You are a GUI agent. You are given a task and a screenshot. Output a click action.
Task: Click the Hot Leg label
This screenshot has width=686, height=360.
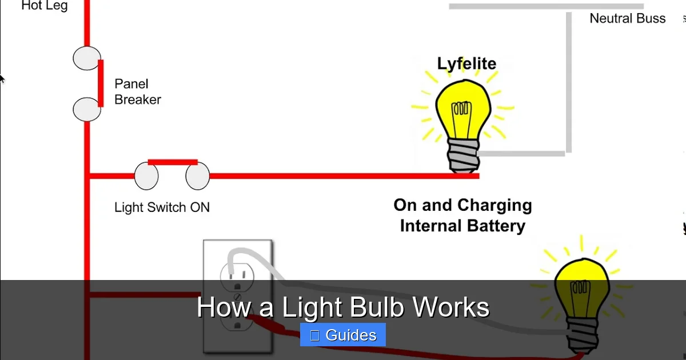(x=44, y=6)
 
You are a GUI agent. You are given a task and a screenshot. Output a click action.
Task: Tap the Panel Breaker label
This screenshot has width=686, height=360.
(x=137, y=91)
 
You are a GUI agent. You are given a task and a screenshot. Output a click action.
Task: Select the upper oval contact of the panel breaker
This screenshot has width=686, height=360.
(x=87, y=59)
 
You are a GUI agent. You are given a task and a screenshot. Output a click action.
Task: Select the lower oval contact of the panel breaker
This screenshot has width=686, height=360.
(x=87, y=109)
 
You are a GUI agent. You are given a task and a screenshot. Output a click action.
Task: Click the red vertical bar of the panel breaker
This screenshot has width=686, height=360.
(x=101, y=83)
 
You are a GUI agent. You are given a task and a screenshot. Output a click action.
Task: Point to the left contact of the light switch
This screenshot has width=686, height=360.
(x=146, y=176)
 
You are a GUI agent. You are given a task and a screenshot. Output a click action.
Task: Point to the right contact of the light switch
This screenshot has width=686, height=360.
(x=198, y=176)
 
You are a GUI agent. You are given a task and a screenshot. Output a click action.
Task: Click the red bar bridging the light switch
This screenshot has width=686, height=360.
(x=173, y=162)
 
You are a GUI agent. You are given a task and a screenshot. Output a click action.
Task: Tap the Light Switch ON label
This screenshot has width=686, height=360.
(x=162, y=207)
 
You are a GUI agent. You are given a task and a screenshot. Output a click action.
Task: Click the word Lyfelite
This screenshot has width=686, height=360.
(x=466, y=63)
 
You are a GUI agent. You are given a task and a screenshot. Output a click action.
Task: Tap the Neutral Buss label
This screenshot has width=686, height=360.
(x=627, y=18)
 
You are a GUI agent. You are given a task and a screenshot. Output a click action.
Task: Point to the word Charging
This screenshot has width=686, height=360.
(x=496, y=205)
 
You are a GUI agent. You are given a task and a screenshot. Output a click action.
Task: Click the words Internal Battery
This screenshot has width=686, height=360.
(x=462, y=226)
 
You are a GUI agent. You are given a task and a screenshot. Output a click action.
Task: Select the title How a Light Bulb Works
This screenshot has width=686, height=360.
(x=343, y=307)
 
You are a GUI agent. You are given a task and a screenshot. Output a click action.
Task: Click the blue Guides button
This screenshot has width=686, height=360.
(x=343, y=335)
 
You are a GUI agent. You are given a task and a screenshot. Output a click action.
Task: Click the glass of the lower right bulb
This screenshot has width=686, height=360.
(x=581, y=289)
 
